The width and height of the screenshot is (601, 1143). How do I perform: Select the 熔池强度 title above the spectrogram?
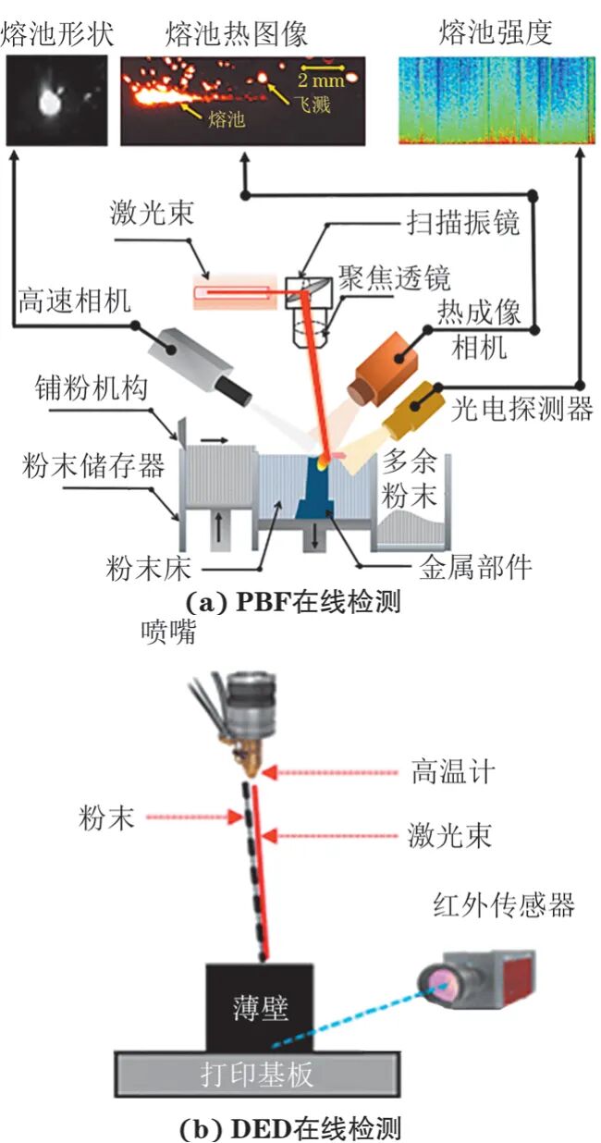click(495, 35)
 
